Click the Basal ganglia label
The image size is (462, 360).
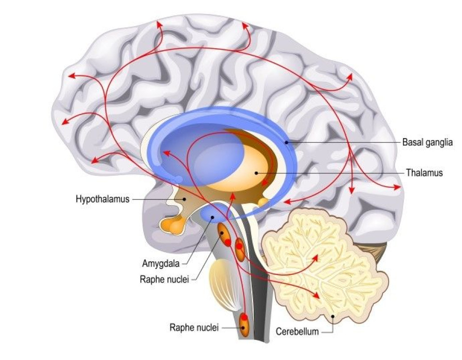(427, 142)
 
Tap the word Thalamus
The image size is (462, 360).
(424, 173)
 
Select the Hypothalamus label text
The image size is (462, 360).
(102, 200)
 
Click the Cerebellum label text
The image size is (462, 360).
(297, 332)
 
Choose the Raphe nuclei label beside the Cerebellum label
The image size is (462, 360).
(194, 327)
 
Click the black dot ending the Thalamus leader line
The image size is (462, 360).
(256, 173)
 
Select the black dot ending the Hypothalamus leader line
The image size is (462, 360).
(184, 199)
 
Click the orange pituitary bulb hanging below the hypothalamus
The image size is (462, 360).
(175, 227)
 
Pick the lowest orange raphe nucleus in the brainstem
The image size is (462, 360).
(243, 324)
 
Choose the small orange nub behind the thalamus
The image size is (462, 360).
(264, 202)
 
